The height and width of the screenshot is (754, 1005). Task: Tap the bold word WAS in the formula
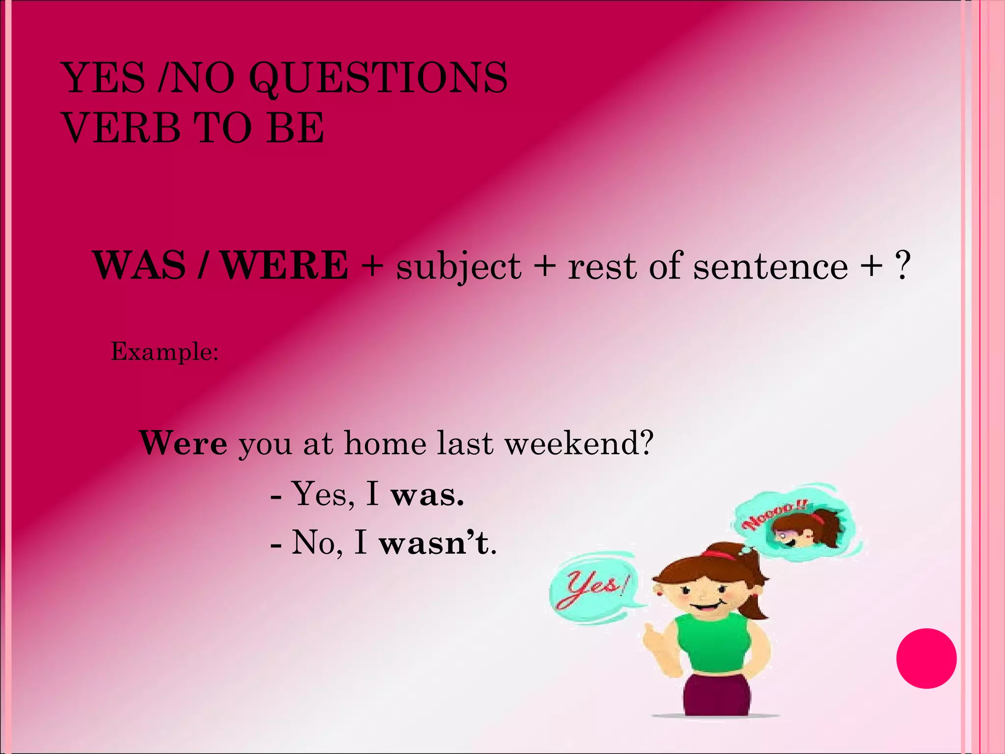[x=139, y=266]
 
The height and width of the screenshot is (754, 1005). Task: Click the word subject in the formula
[x=458, y=268]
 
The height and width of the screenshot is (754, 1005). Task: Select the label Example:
[x=165, y=351]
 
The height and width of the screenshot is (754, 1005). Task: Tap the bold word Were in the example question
[x=184, y=443]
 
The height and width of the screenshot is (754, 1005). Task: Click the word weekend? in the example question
[x=579, y=443]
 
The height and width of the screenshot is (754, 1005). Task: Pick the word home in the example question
[x=385, y=443]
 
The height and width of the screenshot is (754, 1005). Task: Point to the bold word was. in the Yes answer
[x=427, y=495]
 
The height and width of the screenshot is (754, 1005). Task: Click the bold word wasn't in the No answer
[x=435, y=544]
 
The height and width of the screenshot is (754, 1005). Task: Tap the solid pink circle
[x=926, y=658]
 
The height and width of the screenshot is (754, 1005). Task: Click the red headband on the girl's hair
[x=719, y=554]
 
